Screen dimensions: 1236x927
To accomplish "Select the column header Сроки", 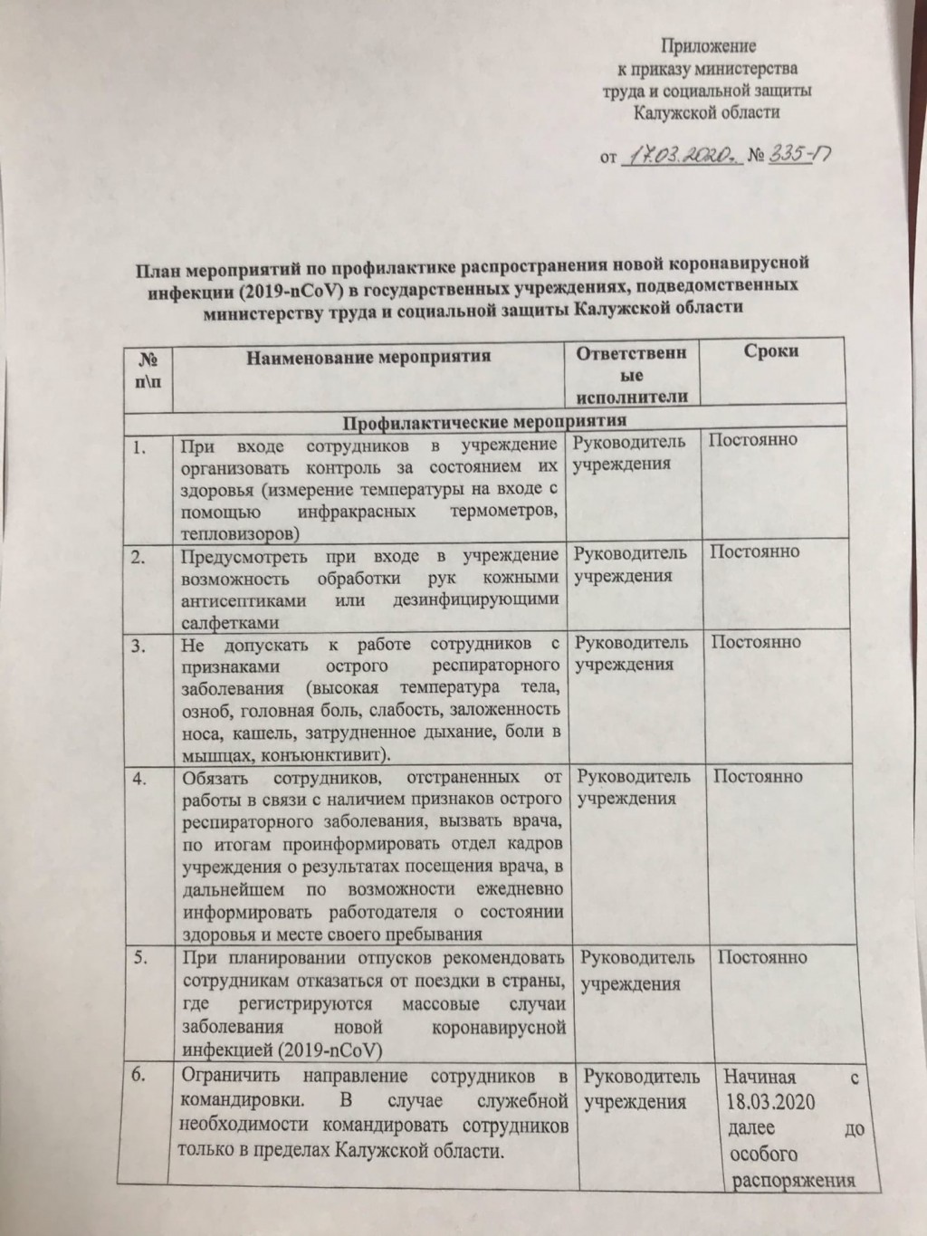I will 770,351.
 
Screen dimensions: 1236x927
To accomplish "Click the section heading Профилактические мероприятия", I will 484,421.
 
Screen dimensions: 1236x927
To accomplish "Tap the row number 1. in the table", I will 139,446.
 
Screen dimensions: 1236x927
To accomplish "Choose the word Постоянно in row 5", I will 762,958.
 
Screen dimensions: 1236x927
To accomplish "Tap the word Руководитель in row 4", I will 635,776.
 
